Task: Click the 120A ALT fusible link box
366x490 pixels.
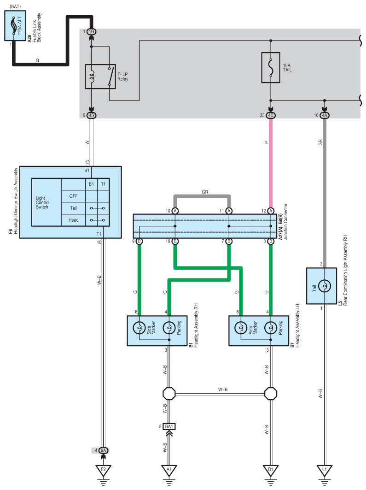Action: point(15,26)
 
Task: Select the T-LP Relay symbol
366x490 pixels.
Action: point(100,77)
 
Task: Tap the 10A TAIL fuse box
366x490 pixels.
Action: point(271,67)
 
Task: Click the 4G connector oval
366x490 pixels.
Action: point(92,31)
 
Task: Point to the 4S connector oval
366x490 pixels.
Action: point(91,115)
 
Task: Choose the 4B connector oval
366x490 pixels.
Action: point(271,115)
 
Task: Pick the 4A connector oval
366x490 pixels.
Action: point(325,115)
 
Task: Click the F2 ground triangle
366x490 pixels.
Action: point(103,470)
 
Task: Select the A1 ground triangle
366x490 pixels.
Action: point(169,470)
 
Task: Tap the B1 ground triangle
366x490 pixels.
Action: point(271,470)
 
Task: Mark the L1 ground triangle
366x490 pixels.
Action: point(325,470)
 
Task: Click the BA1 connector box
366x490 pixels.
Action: point(169,426)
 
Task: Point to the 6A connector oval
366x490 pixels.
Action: point(104,450)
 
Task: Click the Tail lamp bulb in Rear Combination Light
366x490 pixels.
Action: point(325,286)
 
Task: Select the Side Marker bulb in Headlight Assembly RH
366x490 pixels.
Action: point(139,328)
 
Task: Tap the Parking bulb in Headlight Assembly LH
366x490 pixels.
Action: point(271,328)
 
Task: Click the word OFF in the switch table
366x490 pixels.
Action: point(73,196)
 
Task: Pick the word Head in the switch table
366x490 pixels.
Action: point(73,220)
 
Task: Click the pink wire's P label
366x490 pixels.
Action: point(266,142)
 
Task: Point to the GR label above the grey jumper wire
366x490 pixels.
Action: point(205,192)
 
